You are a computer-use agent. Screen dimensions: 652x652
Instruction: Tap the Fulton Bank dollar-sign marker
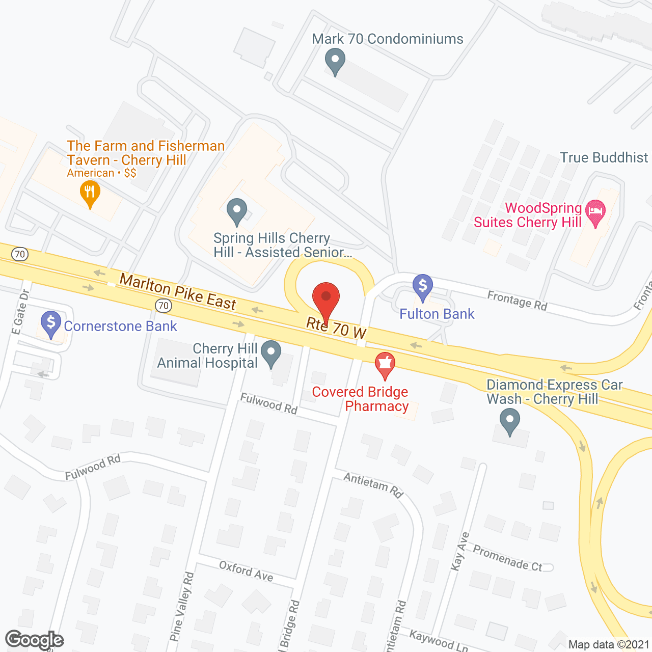point(423,287)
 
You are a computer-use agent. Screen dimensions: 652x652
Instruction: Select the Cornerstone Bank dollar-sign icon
point(51,324)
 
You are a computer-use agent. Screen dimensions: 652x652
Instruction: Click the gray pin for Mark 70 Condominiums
point(335,61)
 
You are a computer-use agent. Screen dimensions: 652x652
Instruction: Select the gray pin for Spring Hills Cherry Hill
point(236,211)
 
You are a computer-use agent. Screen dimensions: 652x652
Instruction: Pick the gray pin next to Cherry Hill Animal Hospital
point(271,353)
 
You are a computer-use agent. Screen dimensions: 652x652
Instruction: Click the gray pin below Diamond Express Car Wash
point(509,422)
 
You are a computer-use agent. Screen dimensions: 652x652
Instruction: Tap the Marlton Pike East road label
point(178,292)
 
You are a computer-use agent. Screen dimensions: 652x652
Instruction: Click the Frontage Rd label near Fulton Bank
point(517,301)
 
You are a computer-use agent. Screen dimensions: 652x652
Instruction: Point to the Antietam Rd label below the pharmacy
point(373,484)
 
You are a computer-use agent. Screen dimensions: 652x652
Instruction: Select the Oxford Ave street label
point(246,571)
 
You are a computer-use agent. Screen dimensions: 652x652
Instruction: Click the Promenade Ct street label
point(507,558)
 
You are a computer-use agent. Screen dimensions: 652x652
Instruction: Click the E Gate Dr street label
point(20,312)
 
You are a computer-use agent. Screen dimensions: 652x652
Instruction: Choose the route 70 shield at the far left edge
point(19,254)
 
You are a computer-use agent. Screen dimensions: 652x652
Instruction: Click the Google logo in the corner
point(34,640)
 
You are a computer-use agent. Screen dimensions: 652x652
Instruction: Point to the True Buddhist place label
point(604,158)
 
